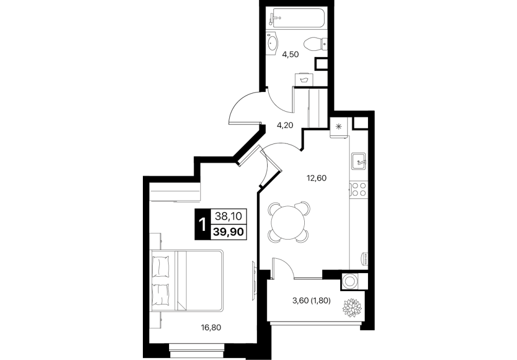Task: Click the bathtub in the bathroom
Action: point(297,19)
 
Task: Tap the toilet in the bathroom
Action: point(315,44)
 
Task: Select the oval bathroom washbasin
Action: point(273,43)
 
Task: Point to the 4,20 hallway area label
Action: point(285,125)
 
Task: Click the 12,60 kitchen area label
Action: point(317,178)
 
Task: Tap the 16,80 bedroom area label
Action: point(211,328)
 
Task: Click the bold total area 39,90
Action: point(229,231)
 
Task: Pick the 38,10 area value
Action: point(229,217)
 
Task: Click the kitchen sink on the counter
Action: point(358,161)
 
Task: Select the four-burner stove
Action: point(358,189)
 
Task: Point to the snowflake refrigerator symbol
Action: point(338,127)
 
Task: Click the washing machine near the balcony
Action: point(349,281)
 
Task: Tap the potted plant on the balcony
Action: point(352,308)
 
